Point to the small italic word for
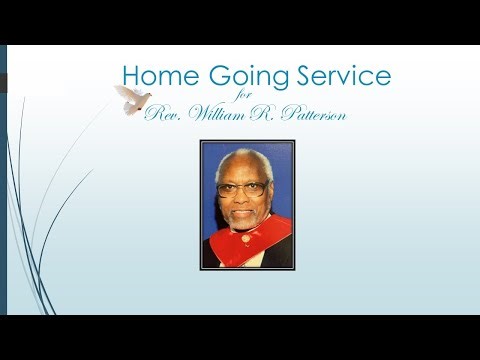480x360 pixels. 255,97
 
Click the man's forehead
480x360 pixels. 241,170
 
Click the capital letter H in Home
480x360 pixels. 129,76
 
